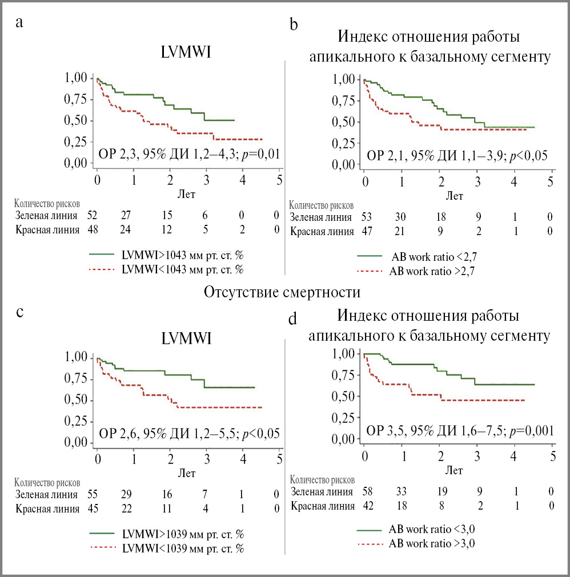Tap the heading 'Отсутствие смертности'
point(282,293)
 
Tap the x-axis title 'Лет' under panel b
point(455,196)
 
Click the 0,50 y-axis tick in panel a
point(77,121)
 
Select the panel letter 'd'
point(293,318)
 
